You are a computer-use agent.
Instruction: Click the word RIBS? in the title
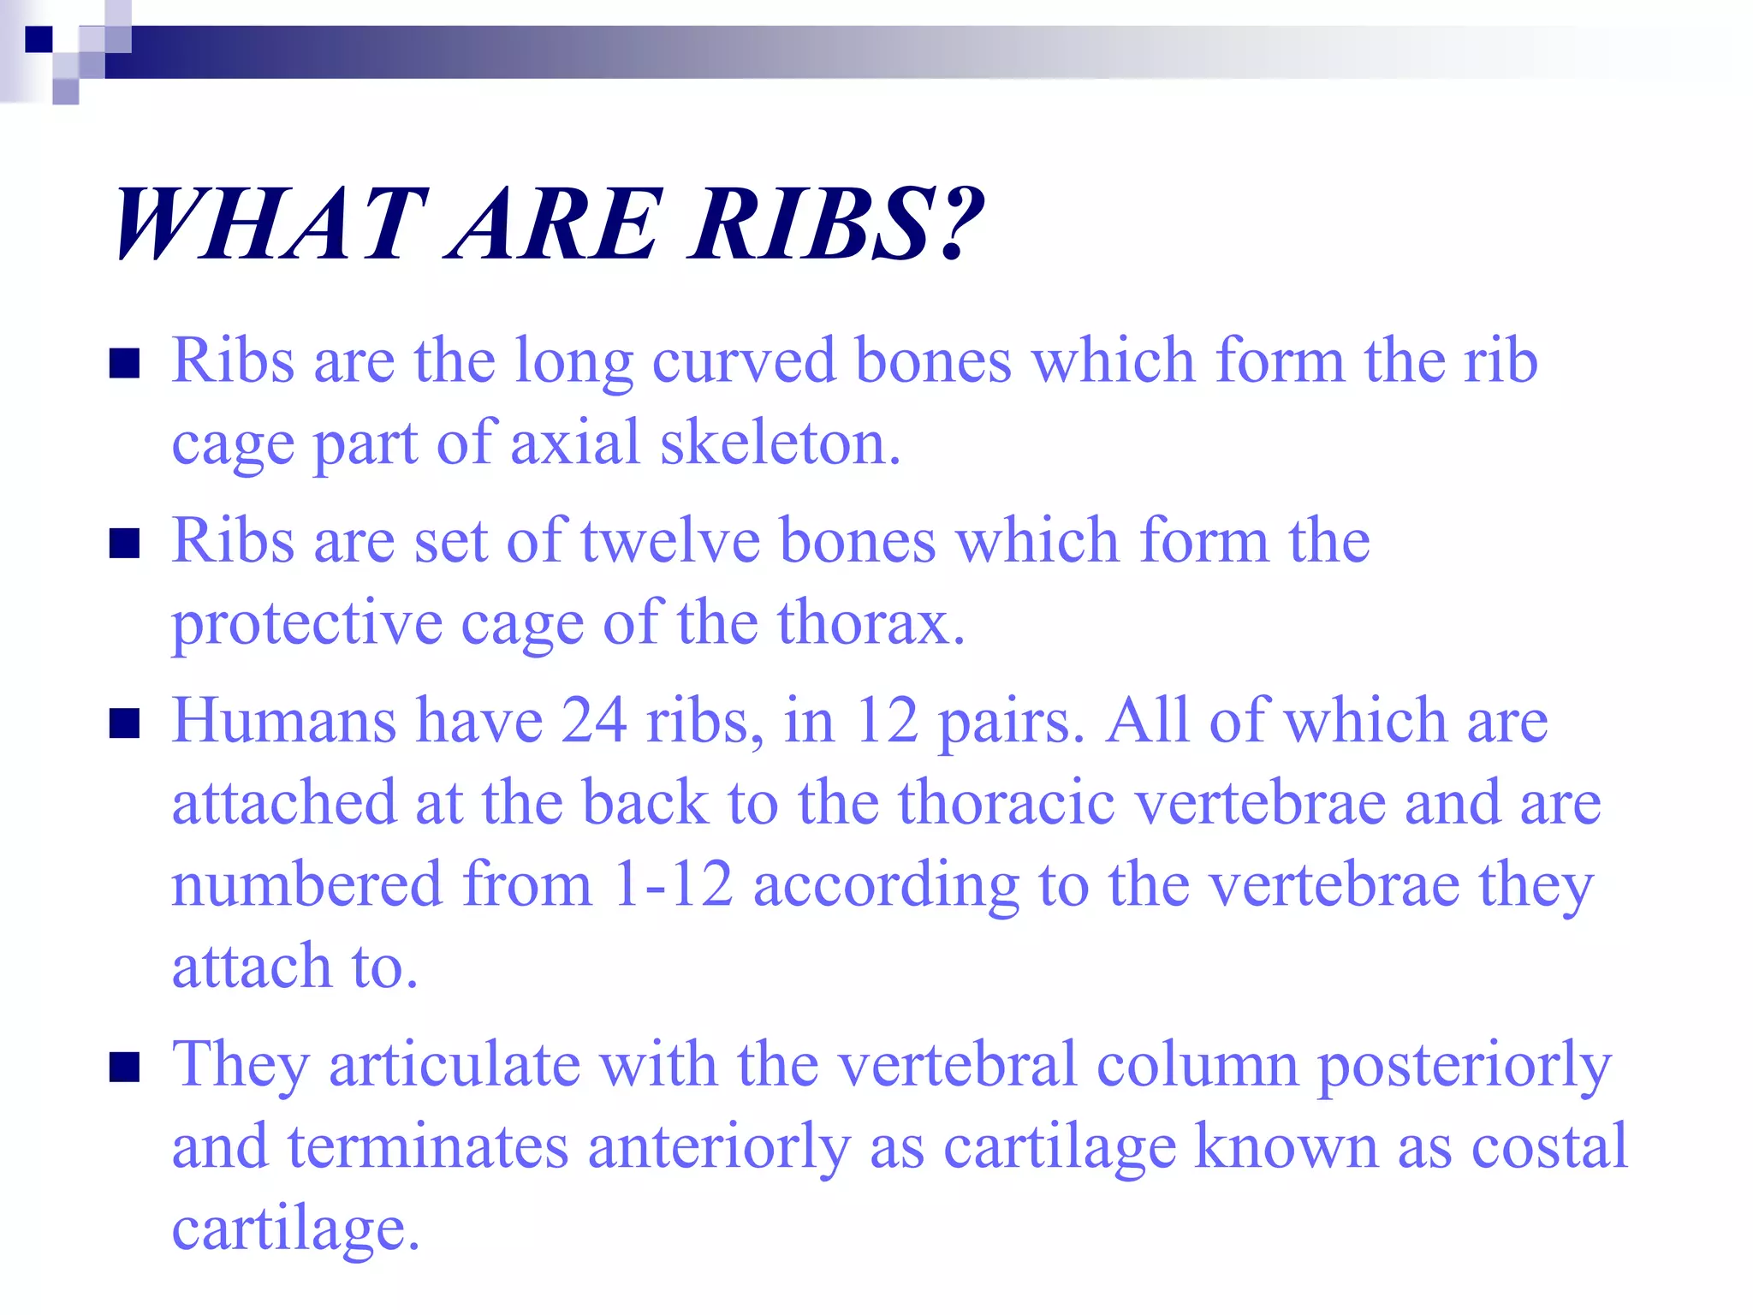point(837,224)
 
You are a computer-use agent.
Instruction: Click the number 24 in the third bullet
point(593,721)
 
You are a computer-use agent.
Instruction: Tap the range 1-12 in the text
point(673,884)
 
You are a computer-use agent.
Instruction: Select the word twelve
point(670,541)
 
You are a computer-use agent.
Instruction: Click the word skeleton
point(780,443)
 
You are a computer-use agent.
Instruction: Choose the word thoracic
point(1007,803)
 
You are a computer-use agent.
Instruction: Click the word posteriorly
point(1464,1067)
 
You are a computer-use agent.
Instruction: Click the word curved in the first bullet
point(743,361)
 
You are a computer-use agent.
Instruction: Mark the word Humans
point(284,721)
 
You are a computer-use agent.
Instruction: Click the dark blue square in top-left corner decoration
point(38,39)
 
